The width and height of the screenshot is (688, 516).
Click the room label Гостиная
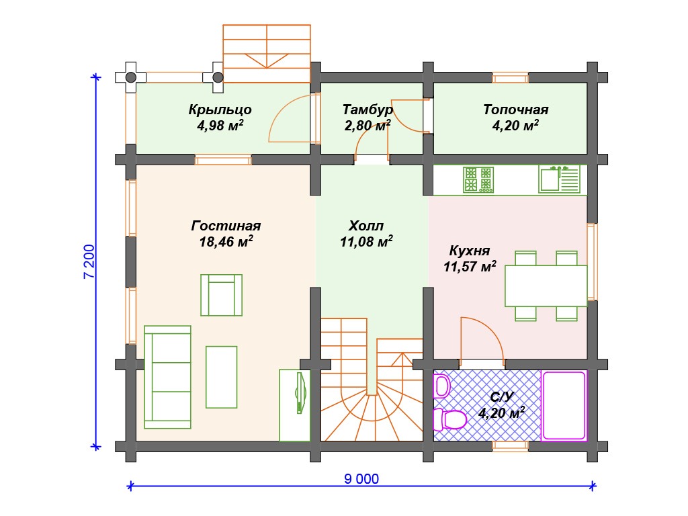tap(226, 226)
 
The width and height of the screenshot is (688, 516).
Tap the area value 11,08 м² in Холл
tap(366, 241)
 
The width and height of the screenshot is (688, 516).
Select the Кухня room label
tap(470, 251)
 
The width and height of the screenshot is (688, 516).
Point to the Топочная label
tap(515, 110)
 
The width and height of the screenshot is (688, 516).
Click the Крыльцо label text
tap(220, 110)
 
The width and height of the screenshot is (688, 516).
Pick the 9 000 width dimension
tap(361, 478)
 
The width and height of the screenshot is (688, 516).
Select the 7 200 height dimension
tap(89, 261)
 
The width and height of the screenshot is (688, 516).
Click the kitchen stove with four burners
tap(478, 180)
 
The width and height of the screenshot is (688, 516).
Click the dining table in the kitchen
tap(546, 286)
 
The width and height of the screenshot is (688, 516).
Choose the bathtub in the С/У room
tap(564, 405)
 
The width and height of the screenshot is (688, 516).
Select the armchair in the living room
tap(222, 296)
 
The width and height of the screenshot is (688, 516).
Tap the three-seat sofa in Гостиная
tap(167, 378)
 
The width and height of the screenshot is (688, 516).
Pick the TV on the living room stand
tap(300, 393)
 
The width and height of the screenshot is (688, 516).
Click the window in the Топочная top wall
tap(511, 78)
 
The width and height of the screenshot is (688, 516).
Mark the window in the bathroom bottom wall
tap(511, 446)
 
